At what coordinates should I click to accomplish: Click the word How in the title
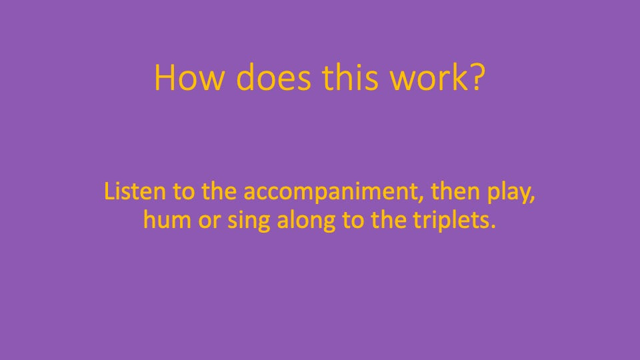(189, 77)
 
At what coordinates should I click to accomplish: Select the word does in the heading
(273, 77)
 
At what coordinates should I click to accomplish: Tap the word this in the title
(350, 77)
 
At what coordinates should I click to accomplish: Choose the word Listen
(135, 191)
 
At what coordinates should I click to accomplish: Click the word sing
(248, 221)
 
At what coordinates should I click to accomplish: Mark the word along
(306, 221)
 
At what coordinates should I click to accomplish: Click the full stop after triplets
(493, 227)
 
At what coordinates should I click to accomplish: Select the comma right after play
(533, 200)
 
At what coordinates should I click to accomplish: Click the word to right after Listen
(184, 191)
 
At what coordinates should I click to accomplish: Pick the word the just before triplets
(388, 220)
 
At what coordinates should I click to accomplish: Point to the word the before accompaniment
(219, 191)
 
